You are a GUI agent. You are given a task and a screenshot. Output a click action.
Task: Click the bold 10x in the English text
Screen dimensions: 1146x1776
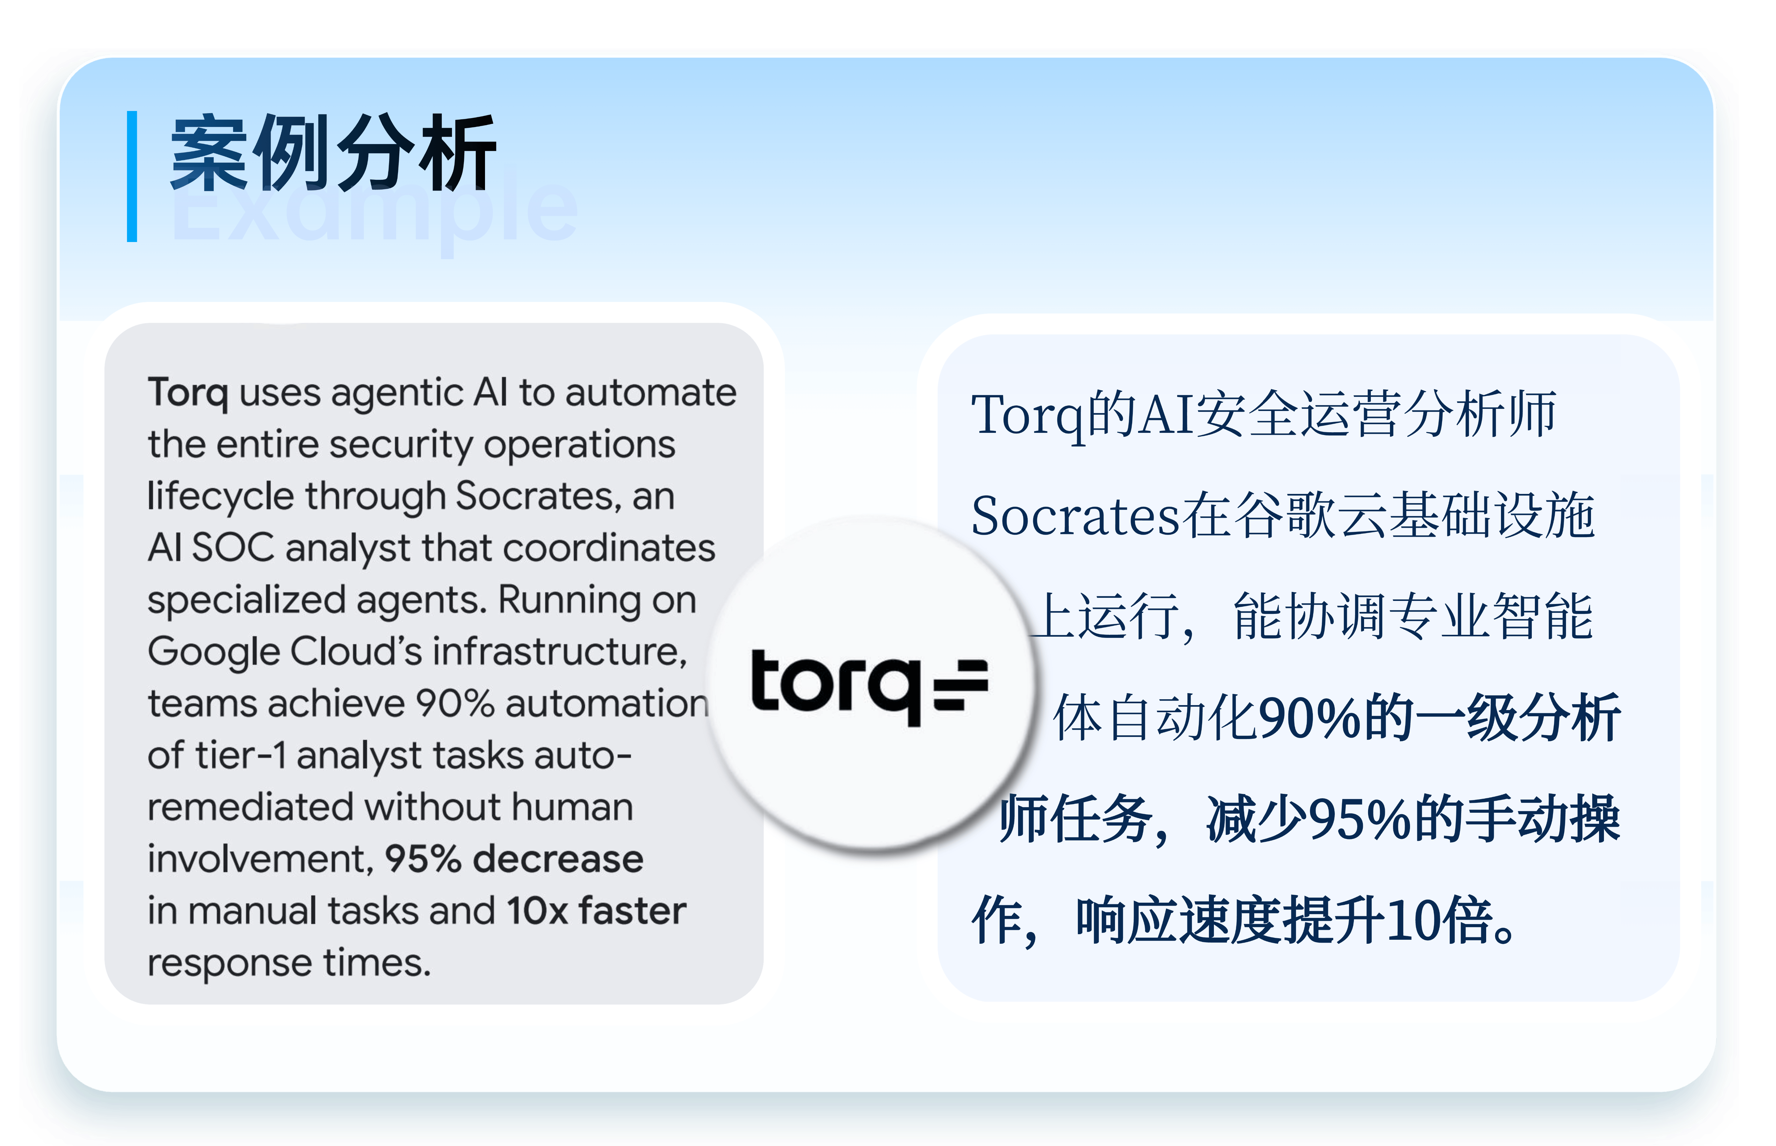point(537,911)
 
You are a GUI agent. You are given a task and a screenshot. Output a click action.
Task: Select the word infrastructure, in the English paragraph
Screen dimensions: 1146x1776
point(560,652)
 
